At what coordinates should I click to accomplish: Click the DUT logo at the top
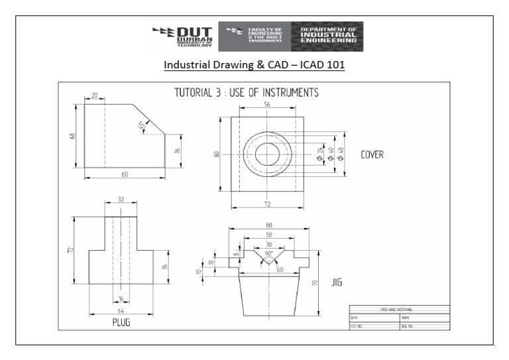pos(182,36)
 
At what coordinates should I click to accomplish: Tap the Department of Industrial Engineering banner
pos(327,36)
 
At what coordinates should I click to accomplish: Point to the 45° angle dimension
pos(141,126)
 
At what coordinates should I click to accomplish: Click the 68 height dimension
pos(72,136)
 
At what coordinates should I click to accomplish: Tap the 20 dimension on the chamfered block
pos(94,96)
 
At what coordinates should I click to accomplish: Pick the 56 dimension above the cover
pos(267,105)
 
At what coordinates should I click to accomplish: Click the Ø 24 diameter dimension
pos(319,154)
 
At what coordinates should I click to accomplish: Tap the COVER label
pos(372,154)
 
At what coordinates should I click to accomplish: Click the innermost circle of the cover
pos(267,154)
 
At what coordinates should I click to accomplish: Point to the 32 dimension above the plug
pos(121,199)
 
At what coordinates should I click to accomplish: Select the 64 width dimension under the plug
pos(121,309)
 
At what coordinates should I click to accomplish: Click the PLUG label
pos(120,323)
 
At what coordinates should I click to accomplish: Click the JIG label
pos(336,283)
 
